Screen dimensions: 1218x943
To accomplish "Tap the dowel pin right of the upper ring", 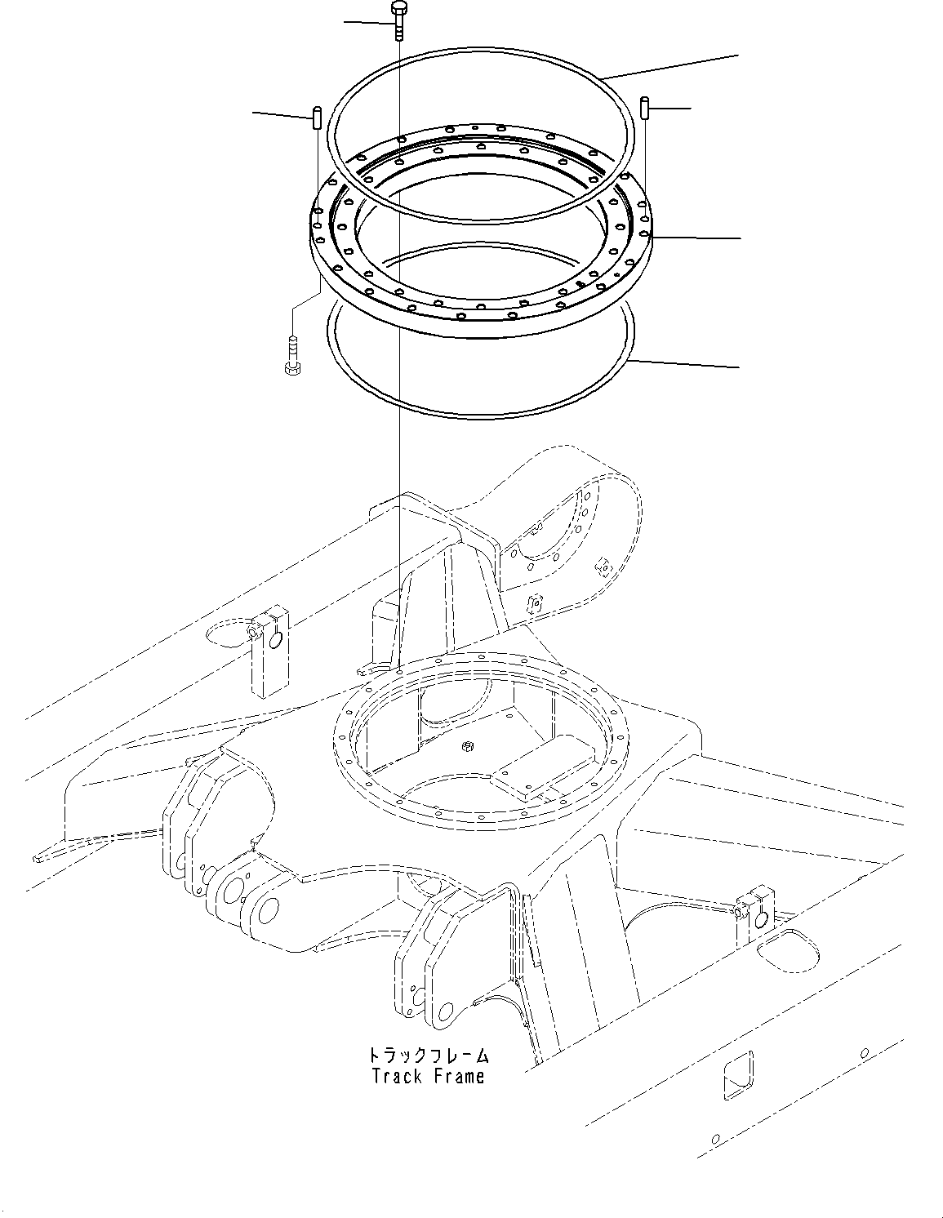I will [x=645, y=107].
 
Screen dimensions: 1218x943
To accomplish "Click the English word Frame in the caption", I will [x=459, y=1077].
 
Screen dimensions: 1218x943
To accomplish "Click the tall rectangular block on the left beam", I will [x=269, y=650].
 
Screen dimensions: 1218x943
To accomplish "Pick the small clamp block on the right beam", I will [x=754, y=913].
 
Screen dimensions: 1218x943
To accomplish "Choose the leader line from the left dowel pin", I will [x=281, y=113].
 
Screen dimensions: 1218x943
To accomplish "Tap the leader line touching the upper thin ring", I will [x=669, y=65].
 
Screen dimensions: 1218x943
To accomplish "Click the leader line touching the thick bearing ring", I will [x=698, y=238].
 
